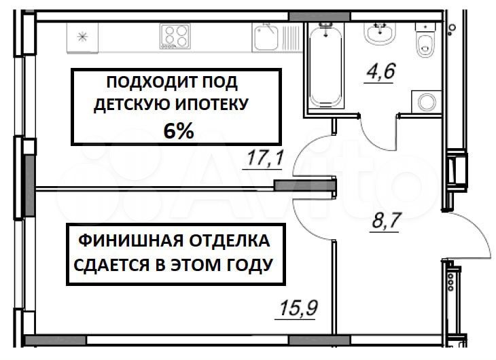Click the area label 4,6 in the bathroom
[x=381, y=71]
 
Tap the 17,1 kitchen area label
[x=265, y=158]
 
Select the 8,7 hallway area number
[x=387, y=220]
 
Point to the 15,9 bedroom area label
[x=298, y=308]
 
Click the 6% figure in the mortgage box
[x=179, y=131]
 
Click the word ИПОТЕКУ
[x=211, y=105]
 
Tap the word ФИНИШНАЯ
[x=131, y=240]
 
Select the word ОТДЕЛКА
[x=230, y=240]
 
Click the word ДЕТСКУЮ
[x=132, y=105]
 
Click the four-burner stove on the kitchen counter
[x=175, y=36]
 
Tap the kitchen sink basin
[x=266, y=38]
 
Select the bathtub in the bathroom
[x=325, y=67]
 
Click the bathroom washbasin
[x=380, y=33]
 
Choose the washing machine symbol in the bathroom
[x=427, y=102]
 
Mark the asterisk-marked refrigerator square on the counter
[x=82, y=37]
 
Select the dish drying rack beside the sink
[x=291, y=38]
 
